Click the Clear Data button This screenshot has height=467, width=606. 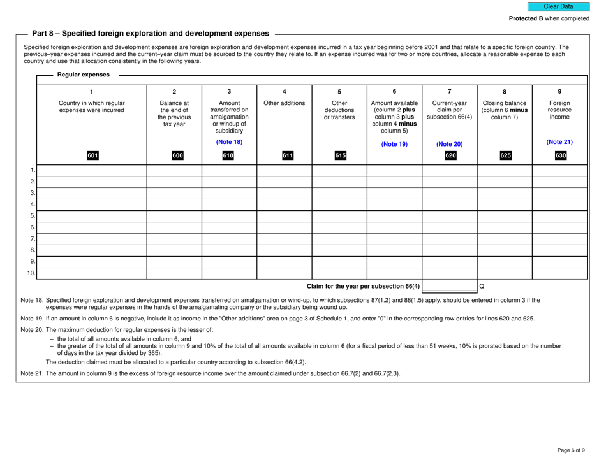coord(558,6)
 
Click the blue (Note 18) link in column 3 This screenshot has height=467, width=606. coord(229,141)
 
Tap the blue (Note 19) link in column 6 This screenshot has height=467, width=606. coord(394,145)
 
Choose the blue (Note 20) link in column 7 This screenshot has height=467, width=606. coord(449,145)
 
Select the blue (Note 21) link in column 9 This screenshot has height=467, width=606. coord(559,141)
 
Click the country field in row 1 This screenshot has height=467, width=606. coord(92,170)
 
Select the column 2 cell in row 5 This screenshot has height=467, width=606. coord(174,216)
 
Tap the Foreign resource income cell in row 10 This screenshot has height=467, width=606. coord(559,273)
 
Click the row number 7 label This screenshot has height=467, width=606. coord(31,239)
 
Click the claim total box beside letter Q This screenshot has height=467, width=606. coord(449,286)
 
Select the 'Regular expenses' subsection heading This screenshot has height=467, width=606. coord(83,75)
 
